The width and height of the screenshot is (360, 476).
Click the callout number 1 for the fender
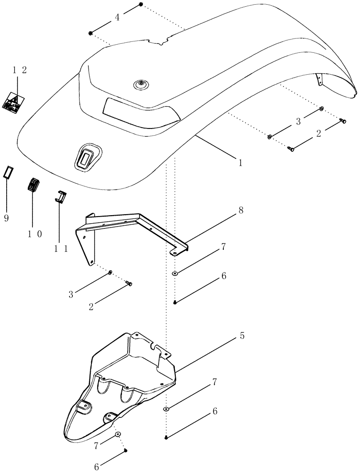(240, 162)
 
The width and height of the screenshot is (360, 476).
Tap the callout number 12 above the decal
(19, 69)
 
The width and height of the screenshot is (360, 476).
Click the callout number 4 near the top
(117, 18)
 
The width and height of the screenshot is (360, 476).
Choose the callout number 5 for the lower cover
(242, 336)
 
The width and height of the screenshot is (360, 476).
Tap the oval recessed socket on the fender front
(87, 156)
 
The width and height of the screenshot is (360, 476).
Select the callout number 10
(32, 233)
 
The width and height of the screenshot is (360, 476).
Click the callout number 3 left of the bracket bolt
(71, 295)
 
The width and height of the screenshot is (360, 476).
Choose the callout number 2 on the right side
(318, 134)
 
